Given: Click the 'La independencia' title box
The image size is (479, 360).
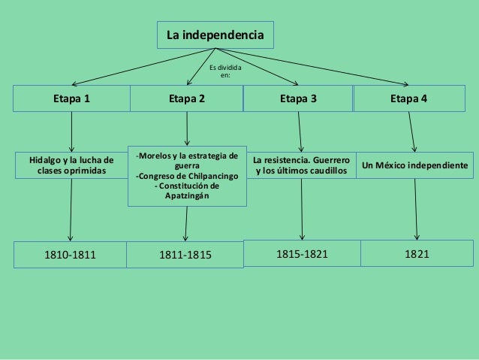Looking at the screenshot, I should coord(215,35).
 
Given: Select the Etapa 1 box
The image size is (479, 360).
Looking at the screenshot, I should coord(71,98).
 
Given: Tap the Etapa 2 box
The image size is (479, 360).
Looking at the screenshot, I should coord(186,98).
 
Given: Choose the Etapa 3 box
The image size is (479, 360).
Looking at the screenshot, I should coord(298,98).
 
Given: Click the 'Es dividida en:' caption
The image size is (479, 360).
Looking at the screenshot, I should coord(225,71).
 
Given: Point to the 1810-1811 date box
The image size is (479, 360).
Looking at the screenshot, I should coord(71,256).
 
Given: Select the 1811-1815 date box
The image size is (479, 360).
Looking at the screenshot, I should coord(186,256).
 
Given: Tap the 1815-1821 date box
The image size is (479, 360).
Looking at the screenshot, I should coord(302,253).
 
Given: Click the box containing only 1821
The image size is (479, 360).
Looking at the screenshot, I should coord(417,253).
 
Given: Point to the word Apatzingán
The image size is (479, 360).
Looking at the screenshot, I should coord(187,196).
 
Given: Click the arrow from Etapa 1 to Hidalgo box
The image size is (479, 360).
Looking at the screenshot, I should coord(71,132).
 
